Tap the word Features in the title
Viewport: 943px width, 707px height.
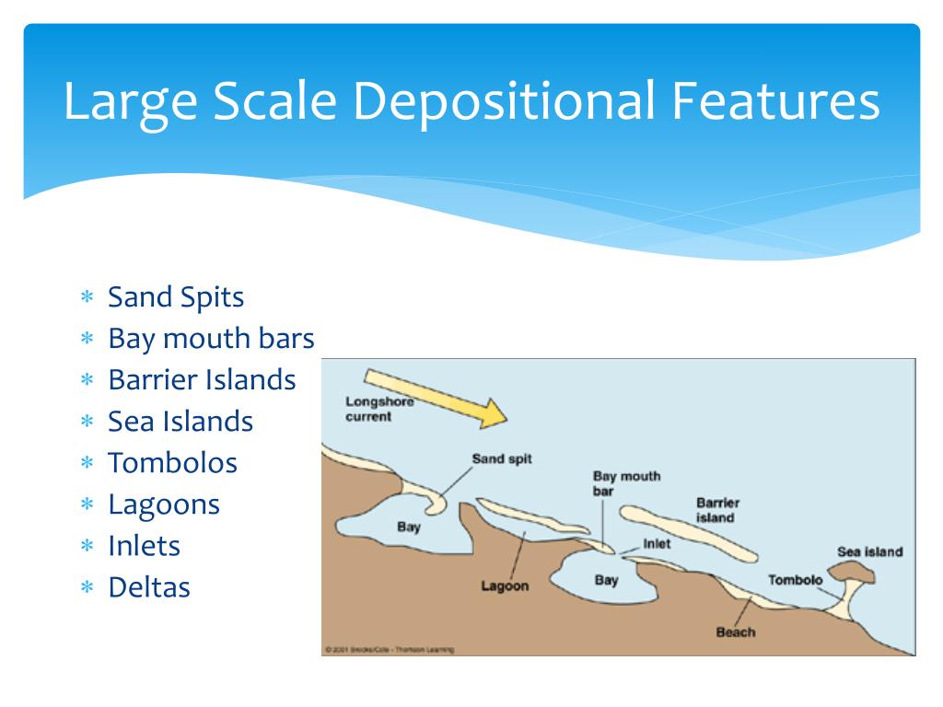click(773, 101)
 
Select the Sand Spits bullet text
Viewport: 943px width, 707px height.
click(176, 297)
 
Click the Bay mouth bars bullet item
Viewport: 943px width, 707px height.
click(211, 339)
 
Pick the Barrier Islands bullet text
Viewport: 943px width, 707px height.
click(202, 380)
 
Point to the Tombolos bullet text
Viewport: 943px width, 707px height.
click(172, 463)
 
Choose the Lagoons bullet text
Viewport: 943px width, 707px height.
click(164, 504)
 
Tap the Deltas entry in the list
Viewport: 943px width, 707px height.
click(149, 587)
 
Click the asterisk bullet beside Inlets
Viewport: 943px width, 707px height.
click(87, 547)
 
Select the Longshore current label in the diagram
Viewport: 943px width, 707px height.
click(379, 409)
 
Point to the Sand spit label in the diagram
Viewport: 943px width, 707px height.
click(502, 458)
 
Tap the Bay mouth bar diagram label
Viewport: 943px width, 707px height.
click(626, 483)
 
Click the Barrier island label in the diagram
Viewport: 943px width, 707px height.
click(717, 510)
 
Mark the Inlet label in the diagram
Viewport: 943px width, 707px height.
click(657, 544)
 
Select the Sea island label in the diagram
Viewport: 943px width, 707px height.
click(869, 551)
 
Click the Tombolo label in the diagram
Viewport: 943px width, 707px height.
click(795, 580)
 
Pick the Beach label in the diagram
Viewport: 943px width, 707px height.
click(735, 632)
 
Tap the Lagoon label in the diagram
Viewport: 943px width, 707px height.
click(505, 585)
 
